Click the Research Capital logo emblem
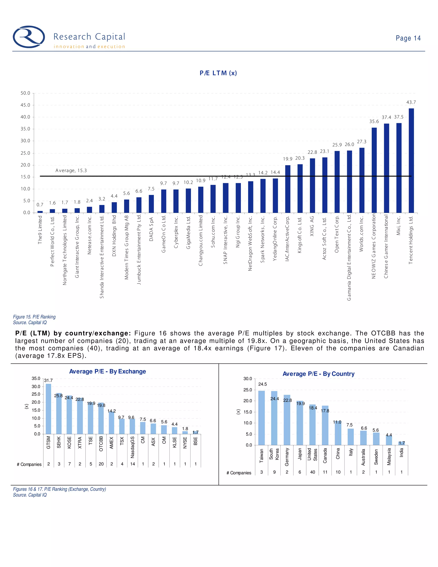[29, 37]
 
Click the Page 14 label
[408, 38]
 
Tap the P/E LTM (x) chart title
[218, 73]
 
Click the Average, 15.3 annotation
[71, 171]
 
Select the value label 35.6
[374, 122]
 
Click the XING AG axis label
[312, 226]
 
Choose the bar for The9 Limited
[40, 212]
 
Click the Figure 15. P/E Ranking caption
[34, 317]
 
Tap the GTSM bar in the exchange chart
[49, 409]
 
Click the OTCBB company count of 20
[101, 464]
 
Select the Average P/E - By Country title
[318, 374]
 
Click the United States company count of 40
[313, 472]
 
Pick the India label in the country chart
[401, 453]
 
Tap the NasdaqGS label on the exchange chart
[133, 447]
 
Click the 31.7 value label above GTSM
[48, 380]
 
